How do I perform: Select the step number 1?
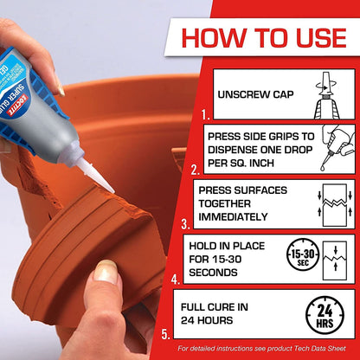205,113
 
